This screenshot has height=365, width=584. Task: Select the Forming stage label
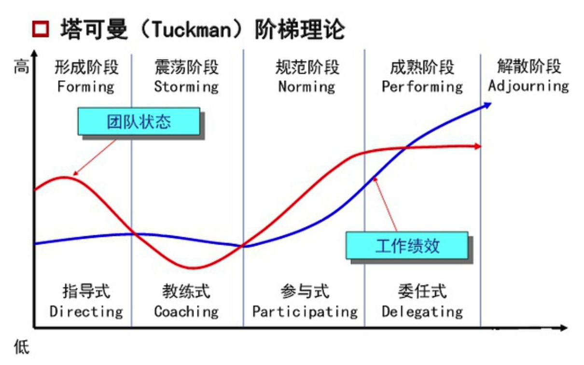tap(86, 87)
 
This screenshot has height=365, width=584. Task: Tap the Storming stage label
tap(186, 87)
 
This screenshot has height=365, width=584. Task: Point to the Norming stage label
tap(307, 87)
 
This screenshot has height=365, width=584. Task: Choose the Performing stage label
tap(422, 87)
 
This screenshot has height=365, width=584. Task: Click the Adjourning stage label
tap(528, 86)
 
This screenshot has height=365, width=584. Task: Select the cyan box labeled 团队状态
tap(139, 121)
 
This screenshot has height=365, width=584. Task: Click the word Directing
tap(86, 311)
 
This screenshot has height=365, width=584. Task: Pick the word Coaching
tap(186, 311)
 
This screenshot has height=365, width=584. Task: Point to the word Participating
tap(305, 311)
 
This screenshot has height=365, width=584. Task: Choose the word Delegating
tap(422, 311)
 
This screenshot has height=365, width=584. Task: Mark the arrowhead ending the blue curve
tap(487, 105)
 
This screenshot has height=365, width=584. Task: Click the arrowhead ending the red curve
tap(477, 146)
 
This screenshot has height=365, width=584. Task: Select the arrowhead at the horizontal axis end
tap(563, 328)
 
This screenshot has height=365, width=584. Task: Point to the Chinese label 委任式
tap(422, 292)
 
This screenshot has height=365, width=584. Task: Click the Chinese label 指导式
tap(86, 292)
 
